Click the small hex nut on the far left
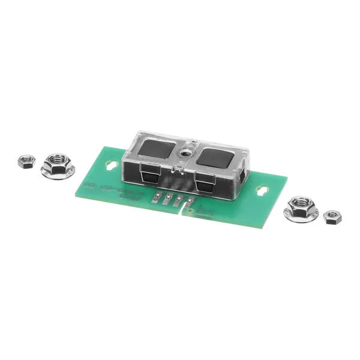coord(26,161)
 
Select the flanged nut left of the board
coord(58,164)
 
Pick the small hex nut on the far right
coord(332,217)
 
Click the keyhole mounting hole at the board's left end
coord(109,163)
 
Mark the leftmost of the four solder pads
coord(158,197)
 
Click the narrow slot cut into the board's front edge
coord(184,212)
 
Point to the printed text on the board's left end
coord(114,192)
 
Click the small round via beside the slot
coord(191,211)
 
